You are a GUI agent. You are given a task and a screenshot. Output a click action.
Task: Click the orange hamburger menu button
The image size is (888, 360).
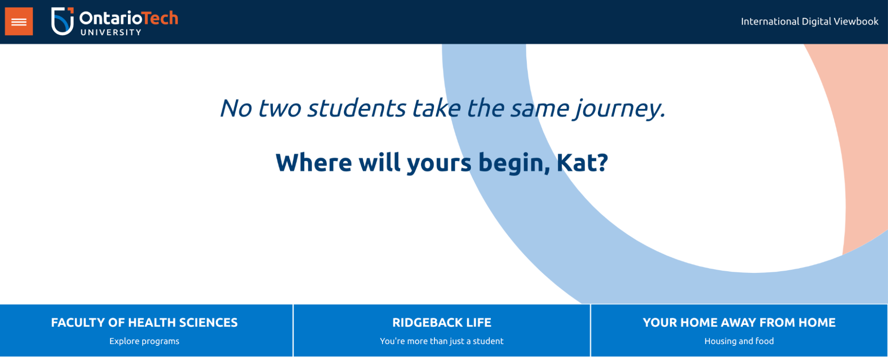[19, 21]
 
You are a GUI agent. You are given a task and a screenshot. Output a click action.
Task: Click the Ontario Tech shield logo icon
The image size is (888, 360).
[62, 21]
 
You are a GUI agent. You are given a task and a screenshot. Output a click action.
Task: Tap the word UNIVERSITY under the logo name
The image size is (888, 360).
[111, 32]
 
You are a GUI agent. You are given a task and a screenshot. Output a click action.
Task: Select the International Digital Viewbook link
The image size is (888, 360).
[809, 21]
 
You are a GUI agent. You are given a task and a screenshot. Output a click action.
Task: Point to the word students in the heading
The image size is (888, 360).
[357, 108]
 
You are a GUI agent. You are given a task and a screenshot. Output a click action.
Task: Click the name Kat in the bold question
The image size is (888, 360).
[581, 162]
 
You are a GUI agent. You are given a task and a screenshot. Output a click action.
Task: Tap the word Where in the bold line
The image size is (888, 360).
[314, 162]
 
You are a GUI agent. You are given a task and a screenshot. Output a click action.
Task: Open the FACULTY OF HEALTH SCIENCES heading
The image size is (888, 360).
[144, 322]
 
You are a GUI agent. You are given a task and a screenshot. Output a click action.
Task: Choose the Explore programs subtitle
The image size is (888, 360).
[144, 341]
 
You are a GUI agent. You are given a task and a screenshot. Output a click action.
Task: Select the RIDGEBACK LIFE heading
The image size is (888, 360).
[442, 322]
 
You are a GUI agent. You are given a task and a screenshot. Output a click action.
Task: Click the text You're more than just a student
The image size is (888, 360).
[442, 341]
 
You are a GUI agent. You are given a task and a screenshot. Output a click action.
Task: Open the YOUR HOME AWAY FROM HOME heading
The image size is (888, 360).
[739, 322]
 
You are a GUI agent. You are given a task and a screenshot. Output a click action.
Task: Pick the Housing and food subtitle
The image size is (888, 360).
[739, 341]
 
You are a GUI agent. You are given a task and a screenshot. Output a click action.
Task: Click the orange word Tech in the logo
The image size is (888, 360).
[160, 18]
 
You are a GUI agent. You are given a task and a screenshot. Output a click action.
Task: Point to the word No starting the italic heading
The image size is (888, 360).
[236, 108]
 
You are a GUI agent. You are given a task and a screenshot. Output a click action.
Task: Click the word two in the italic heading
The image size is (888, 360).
[279, 108]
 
